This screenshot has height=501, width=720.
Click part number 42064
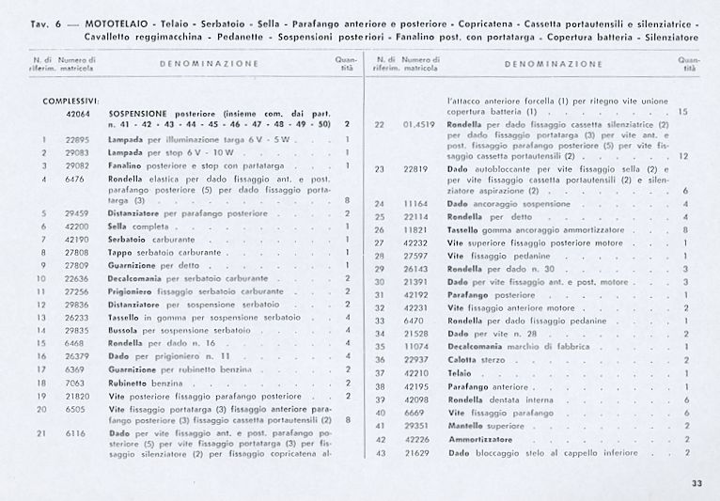tap(78, 113)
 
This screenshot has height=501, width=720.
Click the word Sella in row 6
tap(117, 227)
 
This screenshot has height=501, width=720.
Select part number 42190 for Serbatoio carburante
tap(77, 240)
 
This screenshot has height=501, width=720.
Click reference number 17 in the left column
tap(41, 369)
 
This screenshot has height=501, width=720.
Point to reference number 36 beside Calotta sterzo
tap(381, 360)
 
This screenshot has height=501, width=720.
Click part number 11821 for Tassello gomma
tap(416, 229)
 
